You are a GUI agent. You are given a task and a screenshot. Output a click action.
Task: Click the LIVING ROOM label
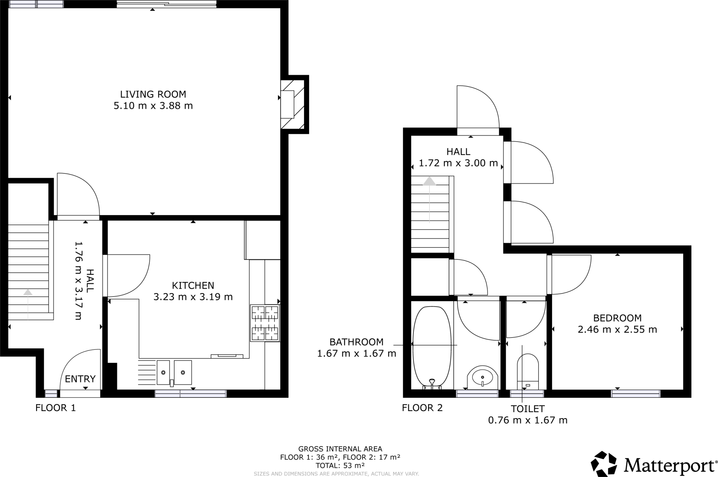coord(153,94)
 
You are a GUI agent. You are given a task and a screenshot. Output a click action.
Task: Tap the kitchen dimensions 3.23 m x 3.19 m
coord(193,297)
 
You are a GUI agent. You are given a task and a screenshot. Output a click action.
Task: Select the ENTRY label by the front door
coord(80,379)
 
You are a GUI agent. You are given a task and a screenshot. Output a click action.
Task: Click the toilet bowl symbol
coord(528,368)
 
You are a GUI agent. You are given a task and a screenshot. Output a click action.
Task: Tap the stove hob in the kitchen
coord(265,323)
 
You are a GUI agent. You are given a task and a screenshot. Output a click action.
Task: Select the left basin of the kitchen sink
coord(163,372)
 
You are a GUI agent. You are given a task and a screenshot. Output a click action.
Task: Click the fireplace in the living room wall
coord(292,104)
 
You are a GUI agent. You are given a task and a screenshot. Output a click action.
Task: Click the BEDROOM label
coord(617,318)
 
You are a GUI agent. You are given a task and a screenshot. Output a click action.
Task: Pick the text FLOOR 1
coord(56,408)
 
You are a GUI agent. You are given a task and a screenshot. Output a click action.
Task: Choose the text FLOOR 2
coord(422,408)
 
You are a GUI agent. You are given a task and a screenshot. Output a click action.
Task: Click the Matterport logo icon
coord(604,464)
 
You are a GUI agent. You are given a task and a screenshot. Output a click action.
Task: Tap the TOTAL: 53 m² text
coord(340,466)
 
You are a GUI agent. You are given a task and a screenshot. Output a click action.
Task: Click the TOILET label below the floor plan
coord(528,409)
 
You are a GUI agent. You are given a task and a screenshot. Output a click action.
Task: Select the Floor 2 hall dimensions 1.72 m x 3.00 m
coord(458,163)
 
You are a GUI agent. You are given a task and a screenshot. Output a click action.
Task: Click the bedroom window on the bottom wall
coord(635,394)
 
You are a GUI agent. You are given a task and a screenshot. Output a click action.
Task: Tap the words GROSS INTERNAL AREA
coord(340,449)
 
